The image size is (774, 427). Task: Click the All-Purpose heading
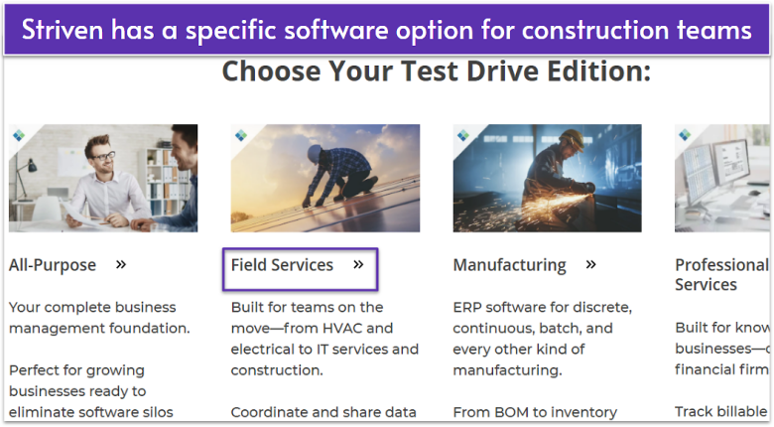tap(53, 265)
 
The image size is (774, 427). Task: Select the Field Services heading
tap(282, 265)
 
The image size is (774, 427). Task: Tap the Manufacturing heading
tap(509, 265)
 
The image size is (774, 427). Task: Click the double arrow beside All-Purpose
tap(121, 264)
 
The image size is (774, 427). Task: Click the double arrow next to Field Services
tap(358, 264)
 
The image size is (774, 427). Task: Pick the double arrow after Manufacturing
tap(591, 264)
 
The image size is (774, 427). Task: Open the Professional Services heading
tap(721, 274)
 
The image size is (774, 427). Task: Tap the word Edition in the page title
tap(597, 71)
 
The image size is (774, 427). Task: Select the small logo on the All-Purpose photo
tap(19, 134)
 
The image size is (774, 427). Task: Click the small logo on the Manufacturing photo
tap(463, 134)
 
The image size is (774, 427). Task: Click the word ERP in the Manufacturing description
tap(468, 307)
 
